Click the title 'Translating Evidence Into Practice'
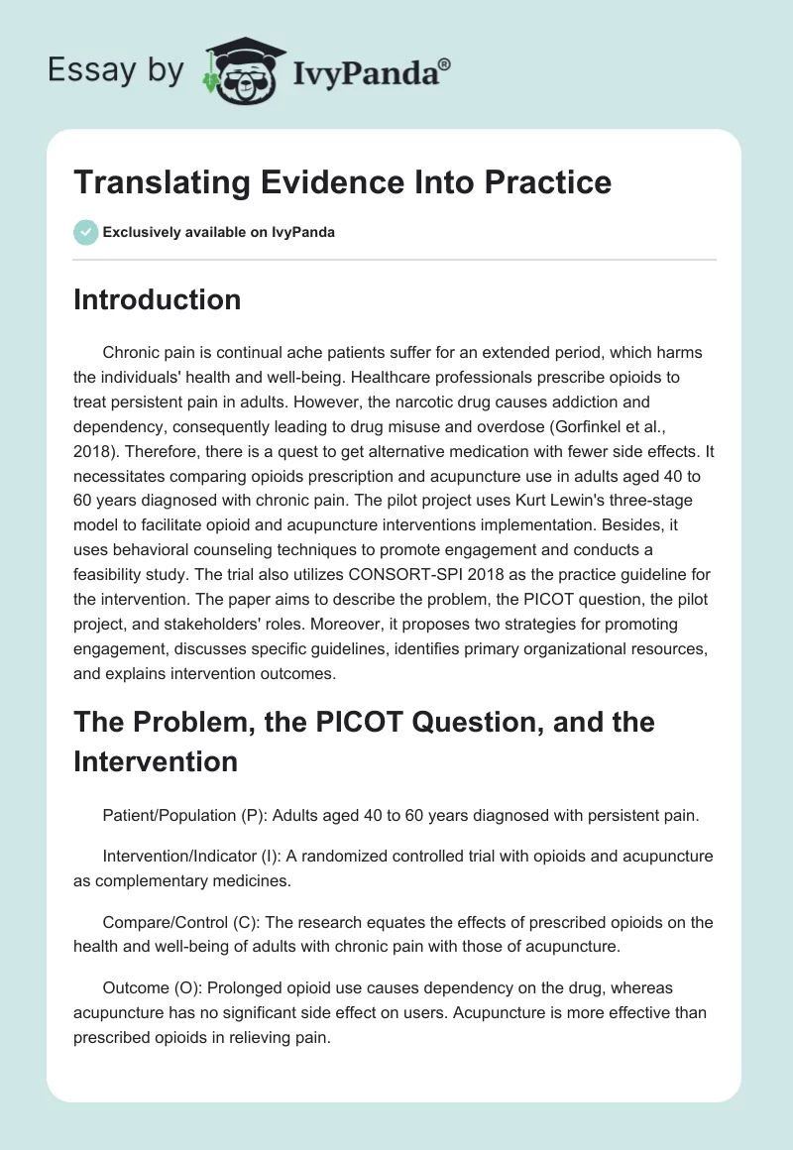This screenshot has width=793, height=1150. pyautogui.click(x=342, y=182)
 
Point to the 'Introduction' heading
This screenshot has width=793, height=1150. pyautogui.click(x=157, y=299)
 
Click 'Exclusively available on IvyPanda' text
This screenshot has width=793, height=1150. pyautogui.click(x=218, y=232)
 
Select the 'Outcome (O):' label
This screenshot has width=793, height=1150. pyautogui.click(x=150, y=989)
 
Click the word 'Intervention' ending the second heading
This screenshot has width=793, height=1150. pyautogui.click(x=156, y=761)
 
